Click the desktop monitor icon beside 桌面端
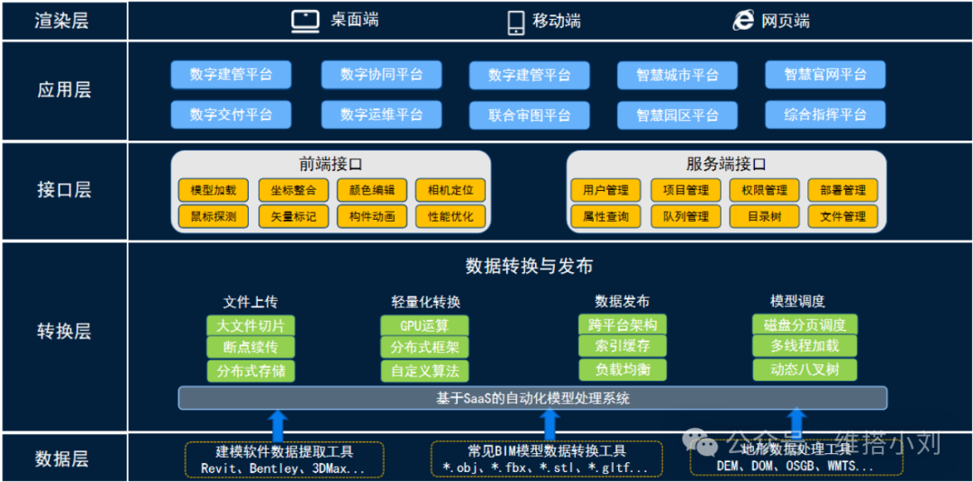[305, 22]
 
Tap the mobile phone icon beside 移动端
[516, 22]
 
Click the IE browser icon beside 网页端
[743, 21]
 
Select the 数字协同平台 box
[381, 75]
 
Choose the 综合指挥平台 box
[824, 114]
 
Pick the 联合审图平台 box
[530, 115]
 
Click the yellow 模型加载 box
[213, 190]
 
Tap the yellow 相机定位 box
[450, 190]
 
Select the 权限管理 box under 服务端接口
[764, 190]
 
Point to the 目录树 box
[764, 216]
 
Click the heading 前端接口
[331, 164]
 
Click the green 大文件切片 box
[250, 326]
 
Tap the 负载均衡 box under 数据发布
[623, 370]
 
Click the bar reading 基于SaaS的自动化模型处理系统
[532, 397]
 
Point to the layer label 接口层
[64, 190]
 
